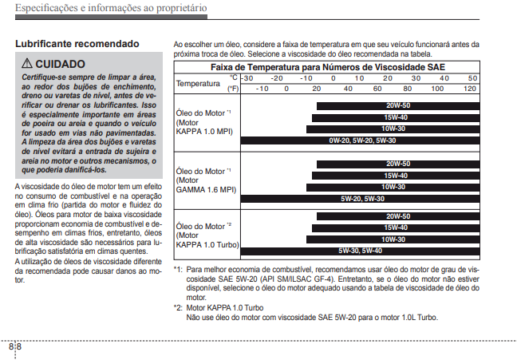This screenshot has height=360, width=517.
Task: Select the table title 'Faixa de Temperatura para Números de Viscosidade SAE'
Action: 328,67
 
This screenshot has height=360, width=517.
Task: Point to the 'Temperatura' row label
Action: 197,83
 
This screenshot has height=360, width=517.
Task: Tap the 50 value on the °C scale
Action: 472,77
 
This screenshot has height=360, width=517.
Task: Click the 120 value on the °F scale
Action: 470,88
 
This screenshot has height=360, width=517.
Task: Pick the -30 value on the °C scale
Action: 247,77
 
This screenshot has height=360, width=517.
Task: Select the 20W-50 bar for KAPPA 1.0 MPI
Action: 397,105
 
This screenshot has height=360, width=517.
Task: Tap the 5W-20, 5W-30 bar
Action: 362,198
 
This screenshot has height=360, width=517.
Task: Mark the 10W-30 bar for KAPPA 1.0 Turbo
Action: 393,239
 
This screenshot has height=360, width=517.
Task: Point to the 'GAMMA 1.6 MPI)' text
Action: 206,190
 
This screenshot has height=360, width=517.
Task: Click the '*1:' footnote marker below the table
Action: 179,270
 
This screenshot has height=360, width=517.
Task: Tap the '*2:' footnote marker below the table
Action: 179,307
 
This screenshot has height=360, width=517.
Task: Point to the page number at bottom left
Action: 15,347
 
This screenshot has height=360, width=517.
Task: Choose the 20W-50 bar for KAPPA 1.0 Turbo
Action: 397,216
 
